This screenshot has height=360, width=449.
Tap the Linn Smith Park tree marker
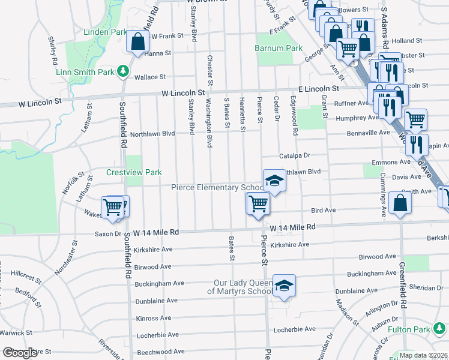click(x=123, y=71)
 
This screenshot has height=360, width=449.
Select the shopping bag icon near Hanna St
click(x=138, y=43)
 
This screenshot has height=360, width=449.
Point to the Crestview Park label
click(x=134, y=172)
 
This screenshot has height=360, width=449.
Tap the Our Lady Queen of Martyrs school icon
click(x=284, y=286)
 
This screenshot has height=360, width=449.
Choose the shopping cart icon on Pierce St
click(x=258, y=203)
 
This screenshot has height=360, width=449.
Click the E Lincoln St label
click(x=310, y=89)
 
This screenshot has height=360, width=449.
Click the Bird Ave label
click(x=323, y=211)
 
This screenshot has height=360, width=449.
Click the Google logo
click(x=20, y=353)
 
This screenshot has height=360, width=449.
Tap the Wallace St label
click(x=149, y=77)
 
